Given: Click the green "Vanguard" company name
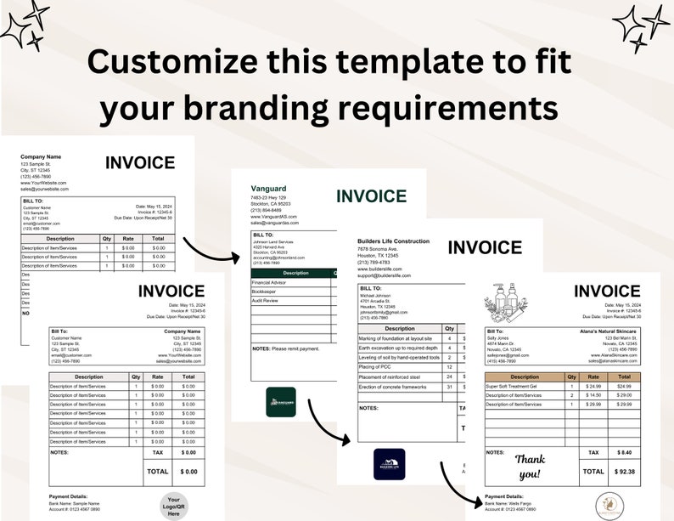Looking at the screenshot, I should pyautogui.click(x=269, y=188).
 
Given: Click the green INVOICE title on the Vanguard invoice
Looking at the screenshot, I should pyautogui.click(x=371, y=196).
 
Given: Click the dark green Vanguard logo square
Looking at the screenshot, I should pyautogui.click(x=281, y=402).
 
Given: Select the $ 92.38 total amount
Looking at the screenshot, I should pyautogui.click(x=624, y=471).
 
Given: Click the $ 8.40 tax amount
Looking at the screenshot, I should pyautogui.click(x=624, y=453).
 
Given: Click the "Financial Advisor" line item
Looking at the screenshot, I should pyautogui.click(x=270, y=280).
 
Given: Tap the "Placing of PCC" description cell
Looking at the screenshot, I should pyautogui.click(x=375, y=366).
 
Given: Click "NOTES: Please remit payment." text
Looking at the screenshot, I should pyautogui.click(x=286, y=348).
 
